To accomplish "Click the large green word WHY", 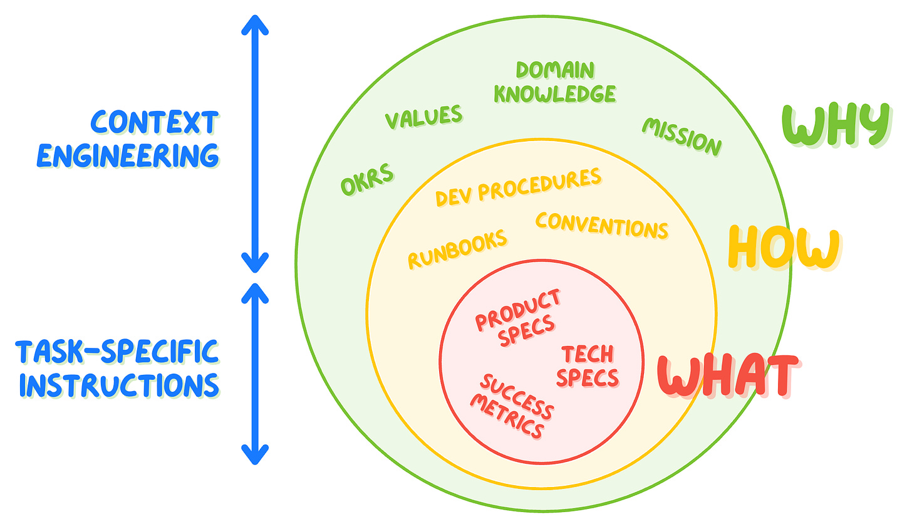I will tap(837, 124).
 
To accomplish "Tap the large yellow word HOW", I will tap(784, 248).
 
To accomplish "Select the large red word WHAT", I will tap(728, 376).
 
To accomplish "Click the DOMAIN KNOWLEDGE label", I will tap(555, 82).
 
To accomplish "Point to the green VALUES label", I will tap(423, 117).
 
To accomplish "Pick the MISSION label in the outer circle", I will tap(682, 136).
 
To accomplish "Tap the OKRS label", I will tap(368, 179).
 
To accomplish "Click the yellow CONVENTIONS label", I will tap(602, 224).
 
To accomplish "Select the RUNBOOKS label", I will tap(457, 248).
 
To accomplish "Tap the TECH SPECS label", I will tap(587, 366).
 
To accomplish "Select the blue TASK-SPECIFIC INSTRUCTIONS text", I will tap(118, 369).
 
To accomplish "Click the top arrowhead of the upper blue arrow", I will tap(255, 24).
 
